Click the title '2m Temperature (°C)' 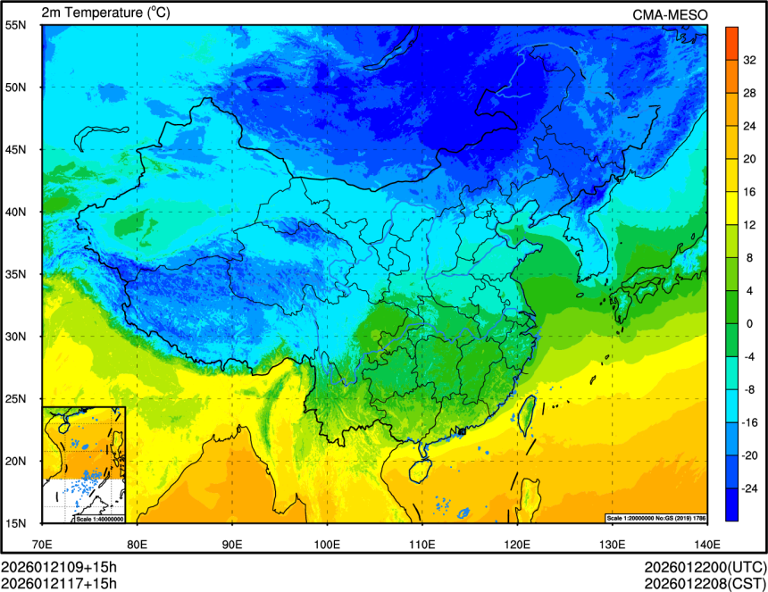tap(105, 13)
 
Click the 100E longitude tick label tap(327, 543)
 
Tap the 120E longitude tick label tap(517, 543)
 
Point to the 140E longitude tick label tap(706, 543)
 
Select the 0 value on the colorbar tap(749, 323)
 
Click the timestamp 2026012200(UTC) tap(705, 568)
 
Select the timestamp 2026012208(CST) tap(705, 584)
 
